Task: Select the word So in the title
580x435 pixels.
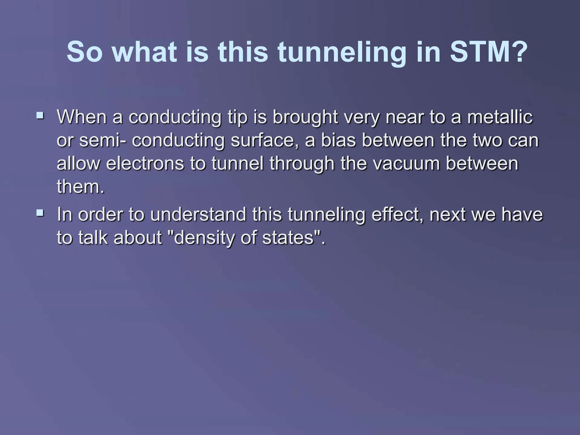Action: pos(84,52)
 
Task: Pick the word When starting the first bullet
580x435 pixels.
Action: pos(82,117)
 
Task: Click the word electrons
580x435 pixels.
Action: pos(145,164)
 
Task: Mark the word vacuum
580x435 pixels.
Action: pos(406,164)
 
